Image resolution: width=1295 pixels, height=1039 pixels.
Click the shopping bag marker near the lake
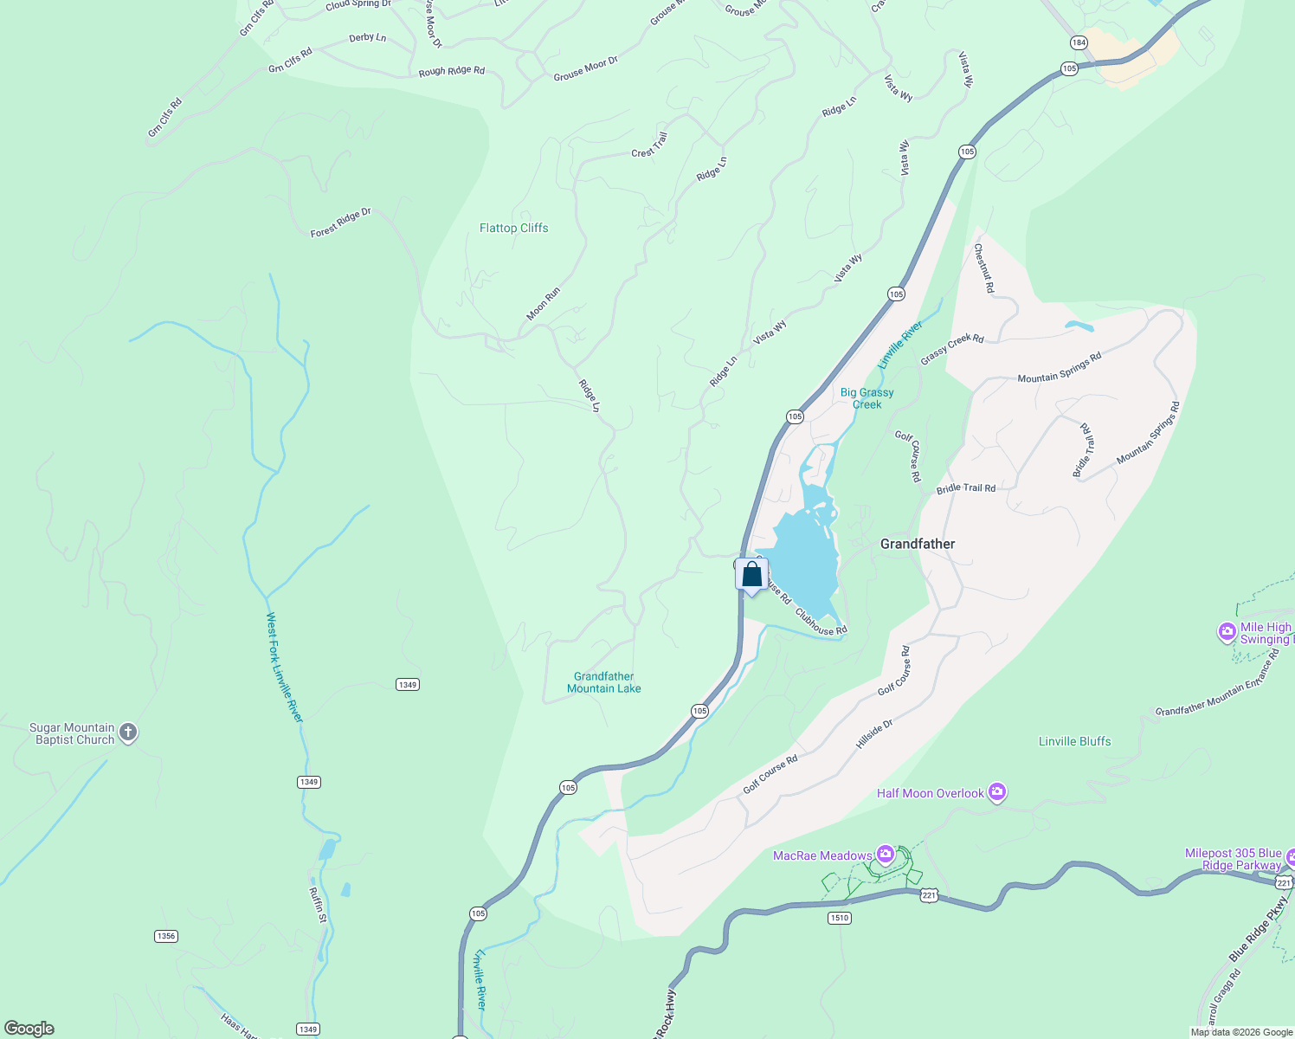point(751,575)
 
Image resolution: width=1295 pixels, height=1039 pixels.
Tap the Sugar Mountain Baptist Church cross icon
point(128,733)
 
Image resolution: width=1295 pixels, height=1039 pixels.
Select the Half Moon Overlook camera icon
point(997,792)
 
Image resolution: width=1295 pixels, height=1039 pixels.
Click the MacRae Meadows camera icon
point(885,855)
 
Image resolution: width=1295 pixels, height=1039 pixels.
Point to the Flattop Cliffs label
point(513,228)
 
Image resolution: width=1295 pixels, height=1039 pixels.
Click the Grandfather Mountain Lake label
point(603,682)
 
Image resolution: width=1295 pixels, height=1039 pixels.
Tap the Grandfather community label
point(917,544)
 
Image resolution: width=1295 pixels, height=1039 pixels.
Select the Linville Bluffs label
point(1074,741)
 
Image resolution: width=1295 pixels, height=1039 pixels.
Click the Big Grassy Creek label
point(867,398)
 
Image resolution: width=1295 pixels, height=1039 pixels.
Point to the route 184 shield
point(1078,42)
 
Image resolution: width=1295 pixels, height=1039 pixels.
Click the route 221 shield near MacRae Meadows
point(929,895)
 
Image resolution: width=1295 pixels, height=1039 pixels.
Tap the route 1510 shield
point(839,918)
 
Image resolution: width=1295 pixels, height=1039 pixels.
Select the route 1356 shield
point(165,936)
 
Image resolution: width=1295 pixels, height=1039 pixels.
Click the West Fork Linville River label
point(284,668)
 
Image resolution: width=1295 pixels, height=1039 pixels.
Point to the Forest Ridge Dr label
point(340,223)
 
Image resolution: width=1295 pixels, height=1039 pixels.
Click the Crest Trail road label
point(649,145)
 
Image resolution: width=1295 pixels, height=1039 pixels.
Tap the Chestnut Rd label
point(983,268)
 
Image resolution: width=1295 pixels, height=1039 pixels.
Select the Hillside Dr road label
point(873,733)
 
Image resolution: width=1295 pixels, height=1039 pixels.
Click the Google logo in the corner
point(29,1028)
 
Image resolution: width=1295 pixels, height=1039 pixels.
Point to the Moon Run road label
point(543,304)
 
